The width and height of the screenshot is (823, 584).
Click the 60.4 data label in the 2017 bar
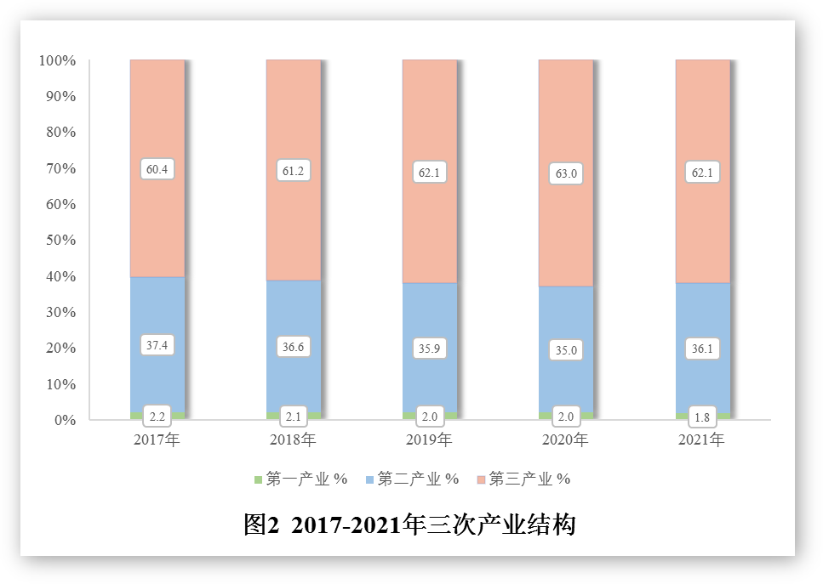tap(157, 169)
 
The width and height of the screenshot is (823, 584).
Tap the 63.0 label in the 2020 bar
tap(566, 174)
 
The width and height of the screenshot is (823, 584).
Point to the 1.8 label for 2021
tap(702, 417)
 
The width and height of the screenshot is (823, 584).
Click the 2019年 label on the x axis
tap(430, 440)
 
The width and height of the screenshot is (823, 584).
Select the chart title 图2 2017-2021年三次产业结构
tap(410, 524)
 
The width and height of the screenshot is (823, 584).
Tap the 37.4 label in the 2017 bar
tap(157, 345)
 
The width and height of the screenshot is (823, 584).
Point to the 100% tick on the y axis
tap(57, 61)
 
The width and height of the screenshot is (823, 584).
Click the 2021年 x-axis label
tap(702, 440)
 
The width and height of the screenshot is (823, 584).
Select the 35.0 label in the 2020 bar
tap(566, 349)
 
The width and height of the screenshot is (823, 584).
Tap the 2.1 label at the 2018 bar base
tap(294, 417)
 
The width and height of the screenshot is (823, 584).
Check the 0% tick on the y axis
tap(65, 420)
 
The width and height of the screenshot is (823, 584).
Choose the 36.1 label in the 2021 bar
tap(702, 347)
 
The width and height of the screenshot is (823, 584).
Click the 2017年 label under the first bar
tap(157, 440)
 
